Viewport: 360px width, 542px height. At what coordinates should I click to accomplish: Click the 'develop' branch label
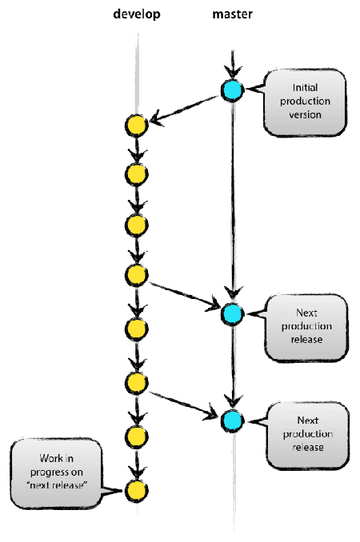[137, 14]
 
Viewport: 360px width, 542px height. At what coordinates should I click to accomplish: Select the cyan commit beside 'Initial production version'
[232, 91]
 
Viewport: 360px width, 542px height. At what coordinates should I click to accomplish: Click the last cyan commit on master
[232, 419]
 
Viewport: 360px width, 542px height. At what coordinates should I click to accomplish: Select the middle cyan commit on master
[232, 314]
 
